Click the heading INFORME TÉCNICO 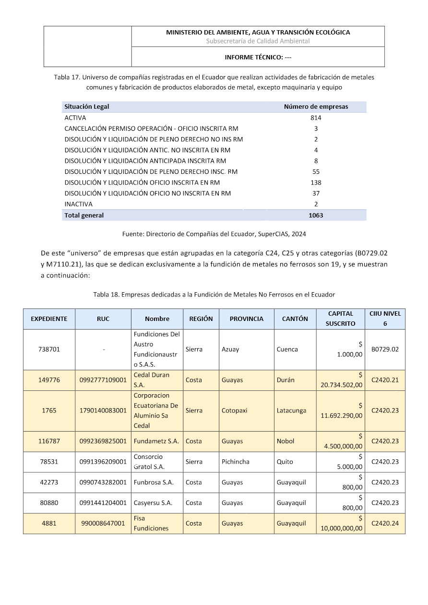coord(258,57)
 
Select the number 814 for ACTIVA coord(316,117)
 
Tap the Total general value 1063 coord(316,215)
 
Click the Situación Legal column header coord(87,106)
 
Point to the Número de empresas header coord(316,106)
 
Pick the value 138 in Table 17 coord(316,183)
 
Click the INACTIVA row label coord(78,204)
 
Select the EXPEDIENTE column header coord(49,319)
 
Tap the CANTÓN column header coord(295,319)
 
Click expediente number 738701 coord(49,349)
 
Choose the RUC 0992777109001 coord(103,380)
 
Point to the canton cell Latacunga coord(291,411)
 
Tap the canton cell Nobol coord(285,441)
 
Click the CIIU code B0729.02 coord(385,349)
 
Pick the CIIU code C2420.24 coord(385,523)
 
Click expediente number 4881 coord(49,523)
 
